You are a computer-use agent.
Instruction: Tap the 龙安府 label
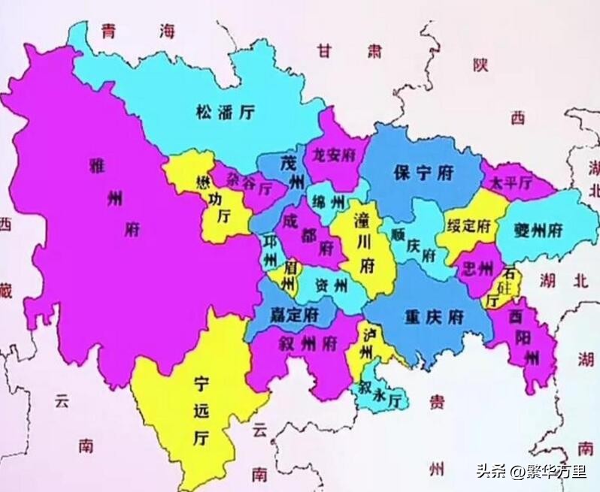click(333, 155)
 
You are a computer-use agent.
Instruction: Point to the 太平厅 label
click(511, 183)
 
